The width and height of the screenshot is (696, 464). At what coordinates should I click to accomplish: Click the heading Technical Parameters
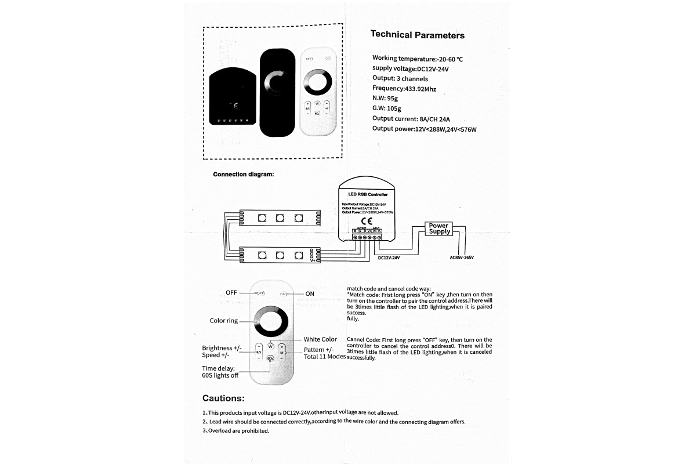pyautogui.click(x=417, y=35)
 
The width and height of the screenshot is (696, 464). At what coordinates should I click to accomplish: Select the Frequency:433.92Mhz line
pyautogui.click(x=404, y=89)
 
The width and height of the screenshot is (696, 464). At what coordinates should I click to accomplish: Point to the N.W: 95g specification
pyautogui.click(x=385, y=99)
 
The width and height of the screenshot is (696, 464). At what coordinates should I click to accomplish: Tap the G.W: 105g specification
pyautogui.click(x=386, y=108)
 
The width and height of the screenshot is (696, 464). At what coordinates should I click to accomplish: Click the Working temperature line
pyautogui.click(x=417, y=59)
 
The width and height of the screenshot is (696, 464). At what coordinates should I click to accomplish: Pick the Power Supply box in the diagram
pyautogui.click(x=439, y=229)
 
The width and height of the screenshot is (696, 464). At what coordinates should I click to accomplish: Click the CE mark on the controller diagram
pyautogui.click(x=367, y=221)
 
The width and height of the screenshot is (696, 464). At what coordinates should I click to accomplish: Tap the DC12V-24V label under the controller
pyautogui.click(x=388, y=258)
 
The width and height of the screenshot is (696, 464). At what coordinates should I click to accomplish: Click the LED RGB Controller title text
pyautogui.click(x=367, y=195)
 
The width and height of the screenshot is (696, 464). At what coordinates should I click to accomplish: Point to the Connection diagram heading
pyautogui.click(x=243, y=174)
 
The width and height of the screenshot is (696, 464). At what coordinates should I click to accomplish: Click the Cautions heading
pyautogui.click(x=223, y=398)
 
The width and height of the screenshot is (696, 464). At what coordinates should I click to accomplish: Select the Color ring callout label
pyautogui.click(x=223, y=321)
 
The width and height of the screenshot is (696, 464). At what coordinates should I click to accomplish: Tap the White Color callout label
pyautogui.click(x=320, y=339)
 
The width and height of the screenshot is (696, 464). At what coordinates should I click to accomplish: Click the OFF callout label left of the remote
pyautogui.click(x=231, y=293)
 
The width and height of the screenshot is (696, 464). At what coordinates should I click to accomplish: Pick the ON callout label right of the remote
pyautogui.click(x=310, y=293)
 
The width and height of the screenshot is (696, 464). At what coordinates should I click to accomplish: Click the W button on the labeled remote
pyautogui.click(x=270, y=347)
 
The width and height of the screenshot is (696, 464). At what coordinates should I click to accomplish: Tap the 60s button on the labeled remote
pyautogui.click(x=270, y=358)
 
